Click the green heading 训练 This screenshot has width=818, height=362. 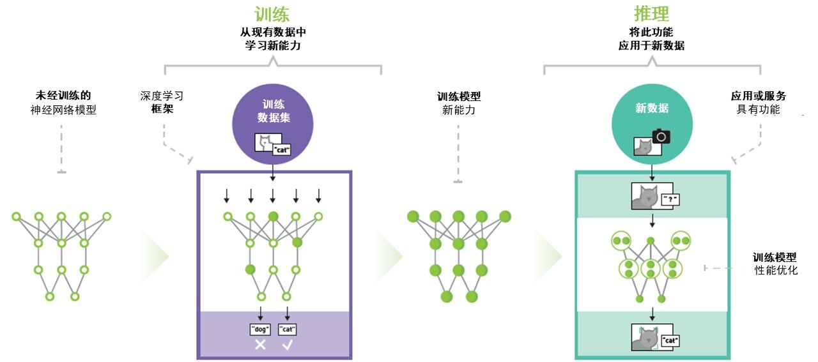pyautogui.click(x=272, y=14)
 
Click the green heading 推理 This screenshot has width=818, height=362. pyautogui.click(x=651, y=14)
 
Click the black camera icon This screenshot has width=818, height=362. pyautogui.click(x=661, y=135)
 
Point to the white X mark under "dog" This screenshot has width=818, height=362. pyautogui.click(x=260, y=345)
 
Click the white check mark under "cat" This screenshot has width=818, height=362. pyautogui.click(x=288, y=345)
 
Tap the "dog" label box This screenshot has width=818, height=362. pyautogui.click(x=260, y=329)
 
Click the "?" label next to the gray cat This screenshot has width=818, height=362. pyautogui.click(x=670, y=199)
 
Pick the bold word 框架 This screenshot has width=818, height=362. pyautogui.click(x=162, y=109)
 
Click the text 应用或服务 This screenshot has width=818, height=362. pyautogui.click(x=759, y=96)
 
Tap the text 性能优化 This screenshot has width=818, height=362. pyautogui.click(x=776, y=270)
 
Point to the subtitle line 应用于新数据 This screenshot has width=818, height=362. pyautogui.click(x=651, y=46)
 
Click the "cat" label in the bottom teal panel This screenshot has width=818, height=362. pyautogui.click(x=670, y=340)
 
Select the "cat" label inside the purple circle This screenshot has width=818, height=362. pyautogui.click(x=282, y=151)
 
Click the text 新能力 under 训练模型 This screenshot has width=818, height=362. pyautogui.click(x=459, y=110)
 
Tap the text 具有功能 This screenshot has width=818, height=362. pyautogui.click(x=759, y=109)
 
